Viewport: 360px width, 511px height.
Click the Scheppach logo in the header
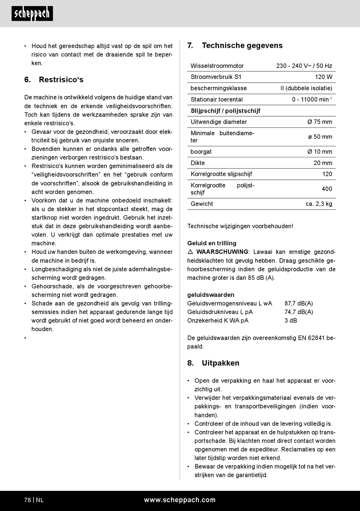pyautogui.click(x=32, y=14)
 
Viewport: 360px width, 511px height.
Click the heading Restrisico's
pyautogui.click(x=61, y=80)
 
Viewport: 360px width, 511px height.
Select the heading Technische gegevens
pyautogui.click(x=242, y=45)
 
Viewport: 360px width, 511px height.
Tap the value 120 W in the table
pyautogui.click(x=323, y=77)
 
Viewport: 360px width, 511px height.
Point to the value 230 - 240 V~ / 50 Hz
pyautogui.click(x=304, y=66)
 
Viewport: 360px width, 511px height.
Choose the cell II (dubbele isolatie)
pyautogui.click(x=306, y=88)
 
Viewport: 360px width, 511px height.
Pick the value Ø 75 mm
pyautogui.click(x=320, y=122)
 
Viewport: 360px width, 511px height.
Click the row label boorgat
pyautogui.click(x=201, y=152)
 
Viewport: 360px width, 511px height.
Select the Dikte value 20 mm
pyautogui.click(x=322, y=163)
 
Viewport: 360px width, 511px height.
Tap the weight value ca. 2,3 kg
pyautogui.click(x=319, y=204)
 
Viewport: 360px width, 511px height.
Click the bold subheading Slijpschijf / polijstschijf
pyautogui.click(x=225, y=111)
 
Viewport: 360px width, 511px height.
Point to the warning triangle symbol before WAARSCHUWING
pyautogui.click(x=190, y=252)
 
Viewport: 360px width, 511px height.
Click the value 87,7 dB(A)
pyautogui.click(x=299, y=303)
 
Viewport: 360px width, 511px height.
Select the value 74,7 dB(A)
pyautogui.click(x=299, y=312)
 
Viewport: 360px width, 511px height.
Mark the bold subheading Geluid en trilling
pyautogui.click(x=211, y=243)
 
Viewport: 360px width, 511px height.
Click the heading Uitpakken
pyautogui.click(x=220, y=363)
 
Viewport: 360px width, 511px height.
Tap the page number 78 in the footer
pyautogui.click(x=28, y=500)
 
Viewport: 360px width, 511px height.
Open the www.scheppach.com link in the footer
pyautogui.click(x=180, y=500)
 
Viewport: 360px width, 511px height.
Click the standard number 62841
pyautogui.click(x=316, y=338)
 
